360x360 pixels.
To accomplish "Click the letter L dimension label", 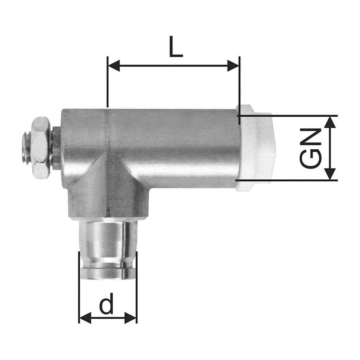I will (176, 46).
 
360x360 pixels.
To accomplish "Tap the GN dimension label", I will (310, 148).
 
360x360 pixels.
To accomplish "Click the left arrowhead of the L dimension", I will (114, 66).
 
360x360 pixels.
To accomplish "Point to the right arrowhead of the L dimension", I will (233, 66).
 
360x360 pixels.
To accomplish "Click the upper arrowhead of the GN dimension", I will (330, 122).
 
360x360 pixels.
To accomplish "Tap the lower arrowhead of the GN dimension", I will (330, 174).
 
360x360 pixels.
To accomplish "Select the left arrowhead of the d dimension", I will (85, 318).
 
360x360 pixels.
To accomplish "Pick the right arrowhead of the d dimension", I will (130, 318).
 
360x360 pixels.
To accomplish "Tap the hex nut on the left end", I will (40, 148).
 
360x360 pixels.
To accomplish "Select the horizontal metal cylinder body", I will (173, 148).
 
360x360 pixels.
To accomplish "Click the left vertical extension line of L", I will (108, 83).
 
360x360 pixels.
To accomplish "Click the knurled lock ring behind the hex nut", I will (55, 148).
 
